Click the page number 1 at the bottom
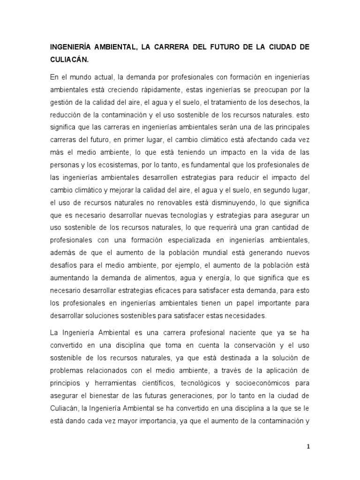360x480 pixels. [307, 447]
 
